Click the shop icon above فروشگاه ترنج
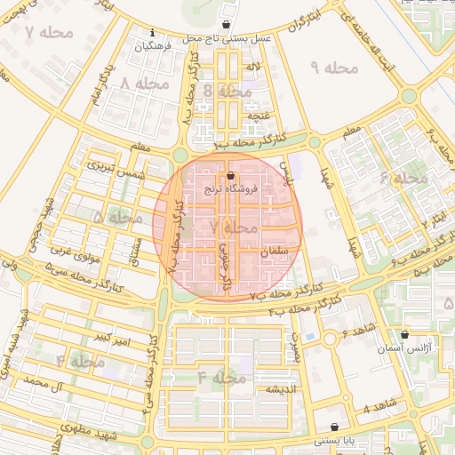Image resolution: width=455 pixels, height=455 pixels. (x=231, y=176)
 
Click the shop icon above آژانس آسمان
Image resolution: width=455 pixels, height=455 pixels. (x=405, y=335)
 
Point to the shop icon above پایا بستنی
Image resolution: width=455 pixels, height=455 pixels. (x=334, y=427)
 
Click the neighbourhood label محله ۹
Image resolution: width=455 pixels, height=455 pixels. (x=333, y=68)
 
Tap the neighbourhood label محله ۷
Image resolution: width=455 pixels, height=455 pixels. (x=42, y=34)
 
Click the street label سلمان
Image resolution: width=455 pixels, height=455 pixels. (x=275, y=252)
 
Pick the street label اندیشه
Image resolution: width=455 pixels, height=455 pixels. (x=275, y=389)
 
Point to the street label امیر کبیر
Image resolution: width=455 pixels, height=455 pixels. (x=116, y=339)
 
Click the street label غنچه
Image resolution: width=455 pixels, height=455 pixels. (x=257, y=116)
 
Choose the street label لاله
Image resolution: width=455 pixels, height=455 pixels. (x=253, y=68)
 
